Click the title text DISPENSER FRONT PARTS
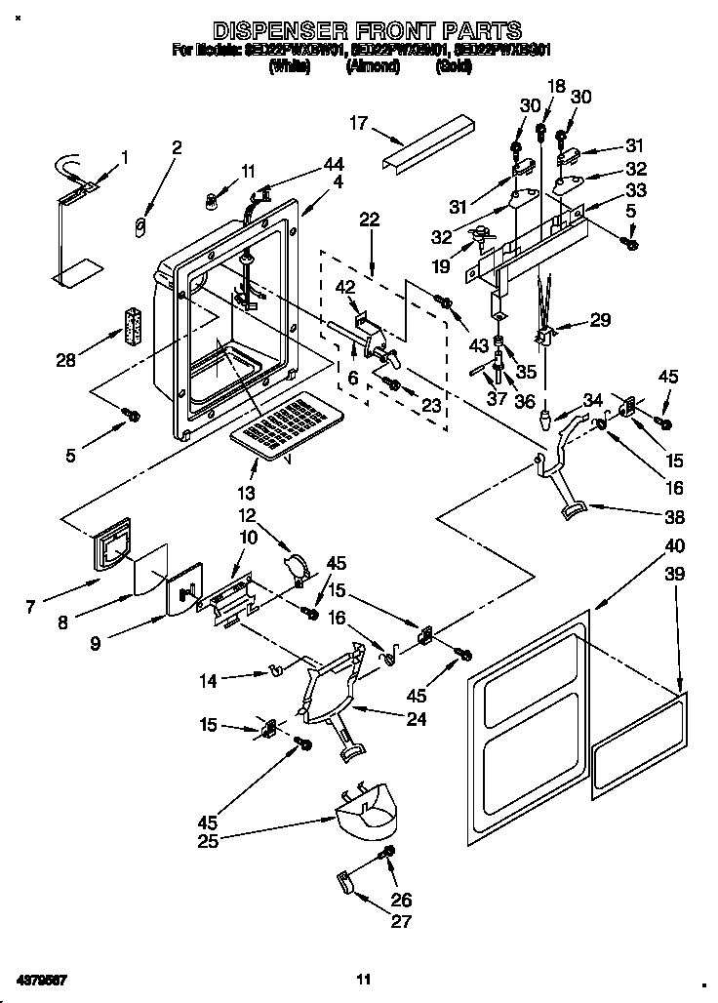pyautogui.click(x=366, y=31)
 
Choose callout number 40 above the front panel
pyautogui.click(x=675, y=546)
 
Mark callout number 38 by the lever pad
pyautogui.click(x=674, y=517)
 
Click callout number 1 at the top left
pyautogui.click(x=124, y=156)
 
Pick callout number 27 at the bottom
pyautogui.click(x=401, y=921)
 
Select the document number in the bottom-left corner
pyautogui.click(x=41, y=979)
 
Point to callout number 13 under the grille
pyautogui.click(x=247, y=493)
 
